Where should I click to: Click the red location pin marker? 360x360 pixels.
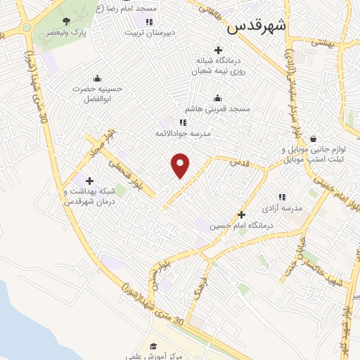pyautogui.click(x=181, y=165)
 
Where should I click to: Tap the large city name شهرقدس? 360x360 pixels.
pyautogui.click(x=257, y=27)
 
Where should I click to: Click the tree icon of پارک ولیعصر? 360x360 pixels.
pyautogui.click(x=66, y=21)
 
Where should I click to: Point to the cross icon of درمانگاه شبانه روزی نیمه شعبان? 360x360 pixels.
pyautogui.click(x=218, y=50)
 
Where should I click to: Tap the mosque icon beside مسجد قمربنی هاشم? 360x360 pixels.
pyautogui.click(x=217, y=98)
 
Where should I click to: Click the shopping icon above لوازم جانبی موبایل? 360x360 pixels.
pyautogui.click(x=312, y=139)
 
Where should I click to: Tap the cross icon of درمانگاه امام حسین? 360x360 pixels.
pyautogui.click(x=241, y=214)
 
